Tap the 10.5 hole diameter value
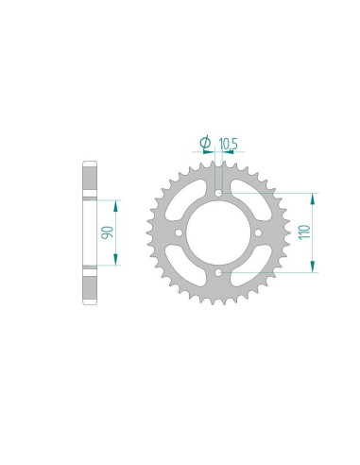(x=228, y=144)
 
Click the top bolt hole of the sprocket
(x=219, y=192)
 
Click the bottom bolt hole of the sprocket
(x=219, y=274)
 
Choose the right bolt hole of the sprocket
(x=261, y=233)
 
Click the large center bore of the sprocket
(x=219, y=233)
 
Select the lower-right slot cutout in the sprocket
(x=251, y=266)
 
